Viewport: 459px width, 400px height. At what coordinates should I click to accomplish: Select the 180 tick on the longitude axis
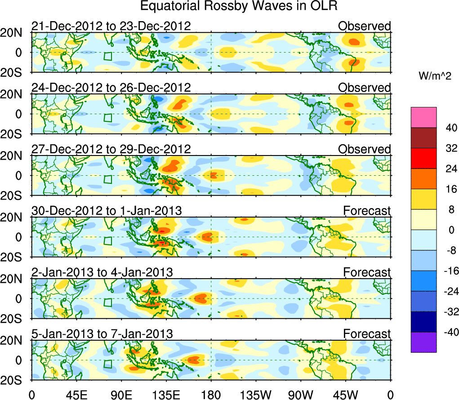pyautogui.click(x=211, y=394)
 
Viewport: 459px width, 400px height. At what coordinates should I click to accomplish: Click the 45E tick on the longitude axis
pyautogui.click(x=76, y=394)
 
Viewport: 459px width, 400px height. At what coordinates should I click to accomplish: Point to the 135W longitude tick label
pyautogui.click(x=256, y=394)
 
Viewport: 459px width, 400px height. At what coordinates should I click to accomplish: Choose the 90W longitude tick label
pyautogui.click(x=301, y=394)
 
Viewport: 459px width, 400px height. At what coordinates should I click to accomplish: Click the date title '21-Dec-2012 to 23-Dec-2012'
pyautogui.click(x=111, y=26)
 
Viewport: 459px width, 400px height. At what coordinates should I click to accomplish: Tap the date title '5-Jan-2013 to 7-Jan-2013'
pyautogui.click(x=102, y=333)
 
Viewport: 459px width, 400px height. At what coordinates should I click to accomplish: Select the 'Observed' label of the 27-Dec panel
pyautogui.click(x=365, y=149)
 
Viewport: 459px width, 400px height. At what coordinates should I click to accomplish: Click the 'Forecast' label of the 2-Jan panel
pyautogui.click(x=367, y=272)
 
